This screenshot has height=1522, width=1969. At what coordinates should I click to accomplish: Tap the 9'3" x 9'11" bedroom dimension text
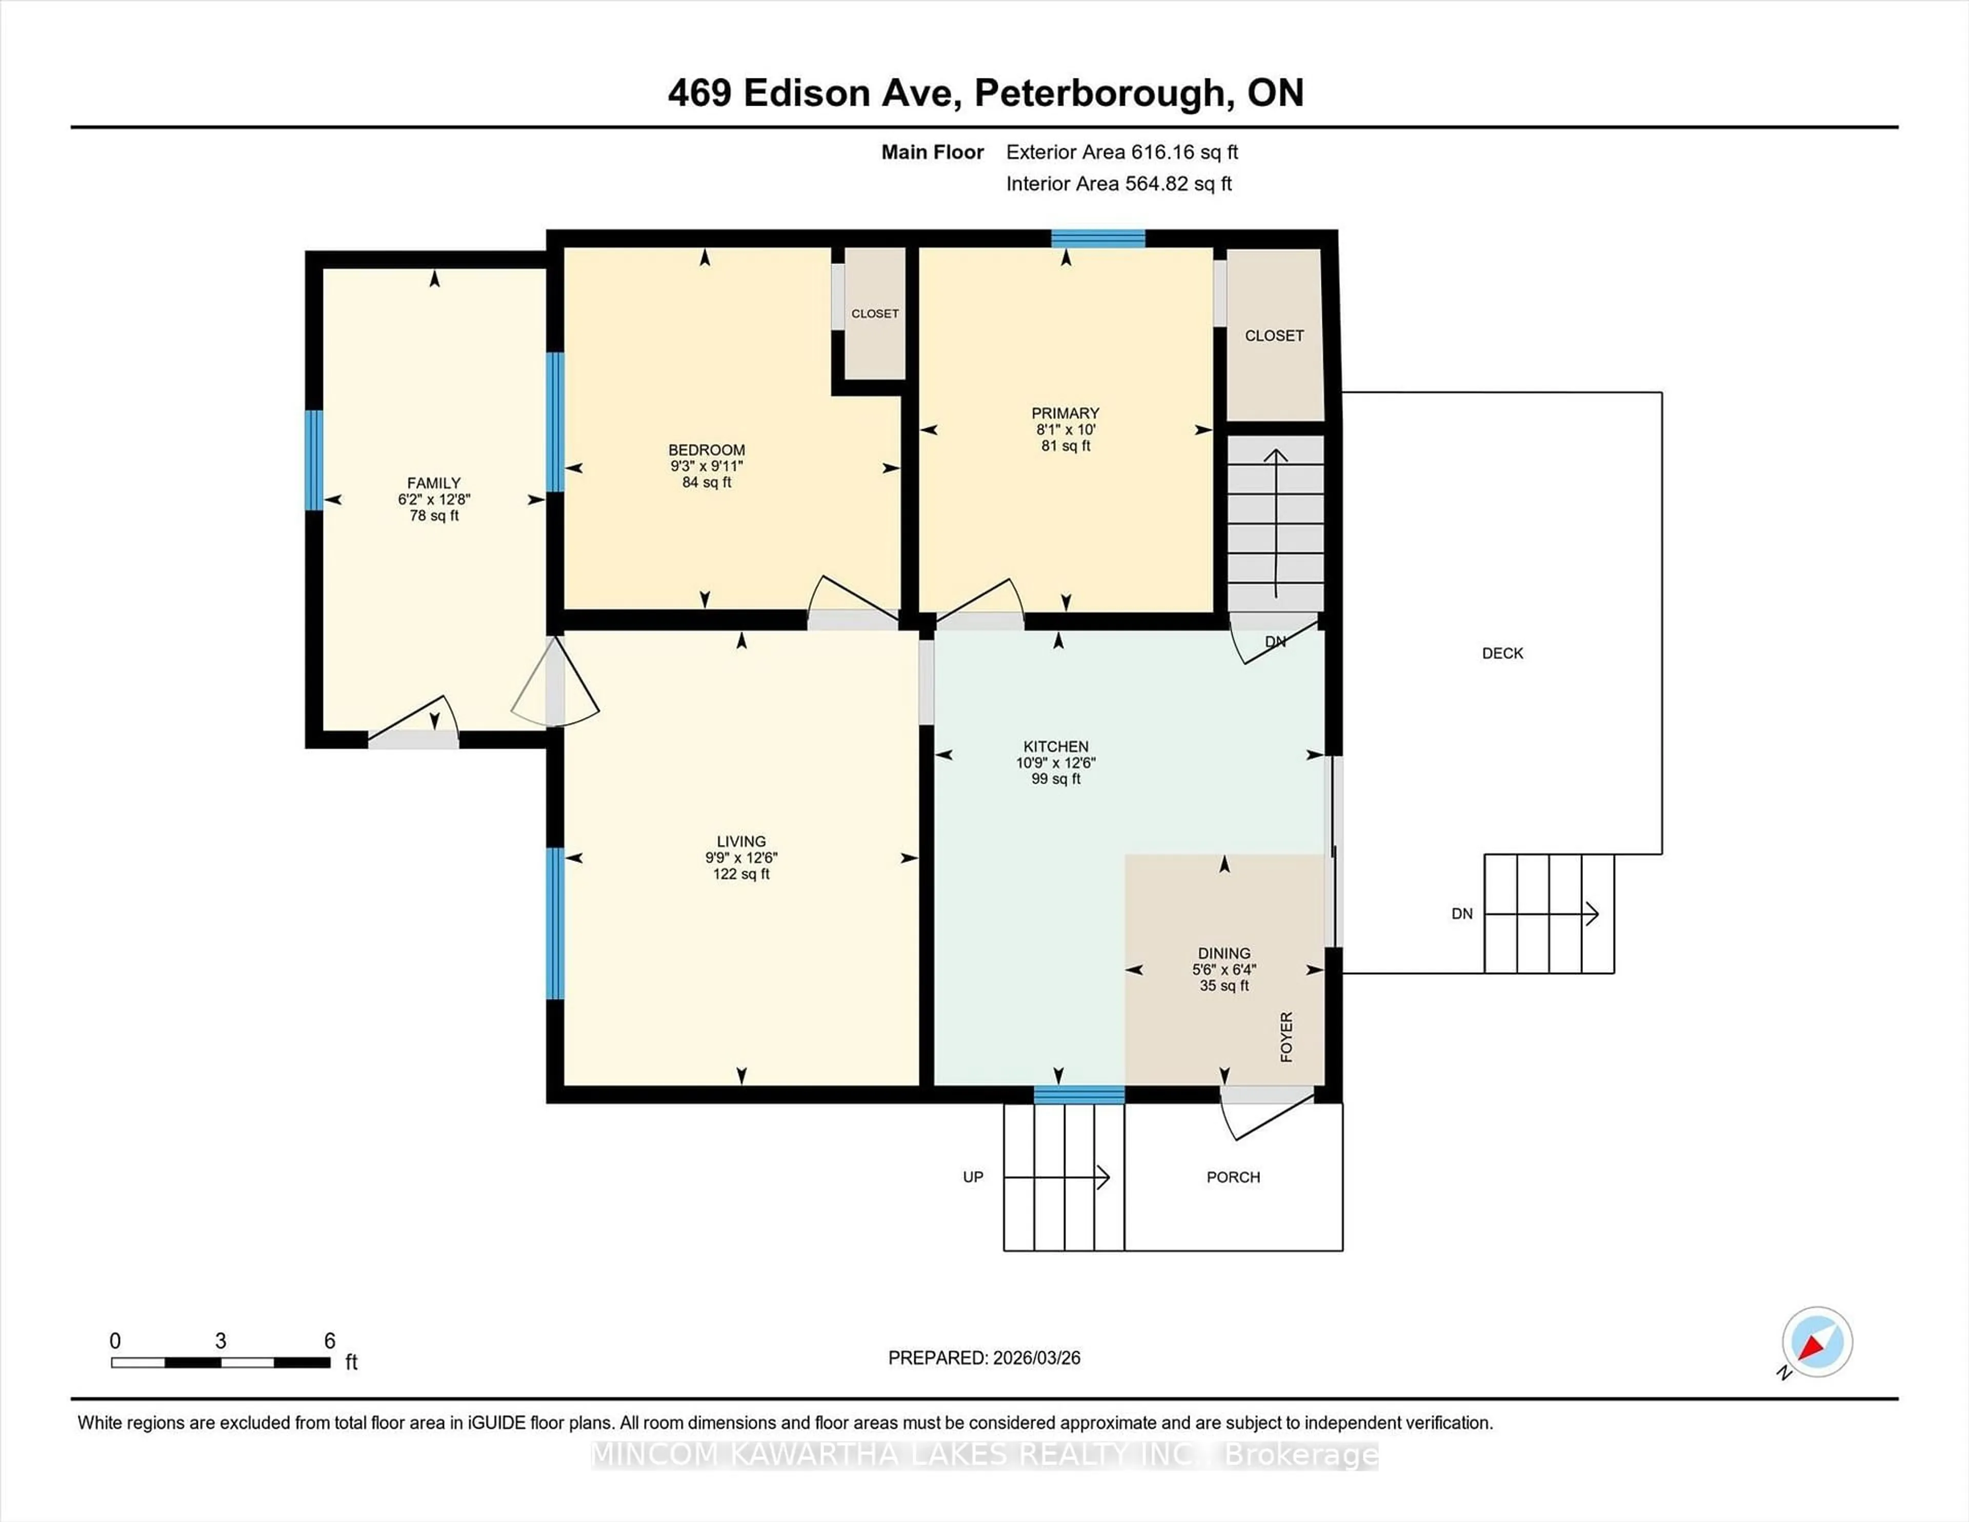click(706, 466)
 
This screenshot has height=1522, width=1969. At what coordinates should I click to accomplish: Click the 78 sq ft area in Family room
click(434, 516)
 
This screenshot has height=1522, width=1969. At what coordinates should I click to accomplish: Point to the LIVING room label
click(741, 841)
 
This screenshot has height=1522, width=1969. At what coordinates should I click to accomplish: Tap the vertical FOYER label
click(1287, 1037)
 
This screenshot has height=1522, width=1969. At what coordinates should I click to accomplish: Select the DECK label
click(1502, 653)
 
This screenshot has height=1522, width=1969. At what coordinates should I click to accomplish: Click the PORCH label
click(1233, 1177)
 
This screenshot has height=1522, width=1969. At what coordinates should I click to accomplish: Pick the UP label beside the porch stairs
click(973, 1177)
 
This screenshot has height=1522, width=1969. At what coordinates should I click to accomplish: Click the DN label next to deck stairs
click(1461, 913)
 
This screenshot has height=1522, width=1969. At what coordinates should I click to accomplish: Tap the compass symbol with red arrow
click(1817, 1341)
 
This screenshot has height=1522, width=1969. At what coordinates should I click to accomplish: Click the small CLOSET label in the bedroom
click(874, 314)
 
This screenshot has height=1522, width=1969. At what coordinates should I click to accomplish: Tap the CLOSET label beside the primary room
click(1274, 335)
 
